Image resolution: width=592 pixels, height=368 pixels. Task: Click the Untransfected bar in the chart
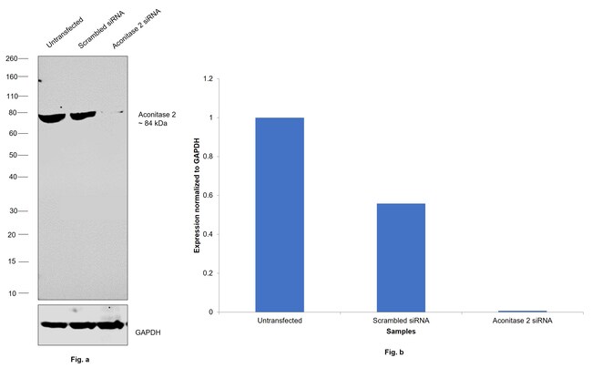point(280,214)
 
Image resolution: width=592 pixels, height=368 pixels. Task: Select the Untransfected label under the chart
point(280,322)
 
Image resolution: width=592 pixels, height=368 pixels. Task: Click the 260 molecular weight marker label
point(12,57)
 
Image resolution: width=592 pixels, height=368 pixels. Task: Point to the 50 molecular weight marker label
point(15,155)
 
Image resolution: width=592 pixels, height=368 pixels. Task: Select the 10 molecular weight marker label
point(15,293)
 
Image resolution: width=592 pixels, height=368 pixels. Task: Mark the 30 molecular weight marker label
point(15,210)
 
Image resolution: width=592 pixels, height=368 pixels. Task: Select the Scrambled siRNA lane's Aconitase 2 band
point(84,115)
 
